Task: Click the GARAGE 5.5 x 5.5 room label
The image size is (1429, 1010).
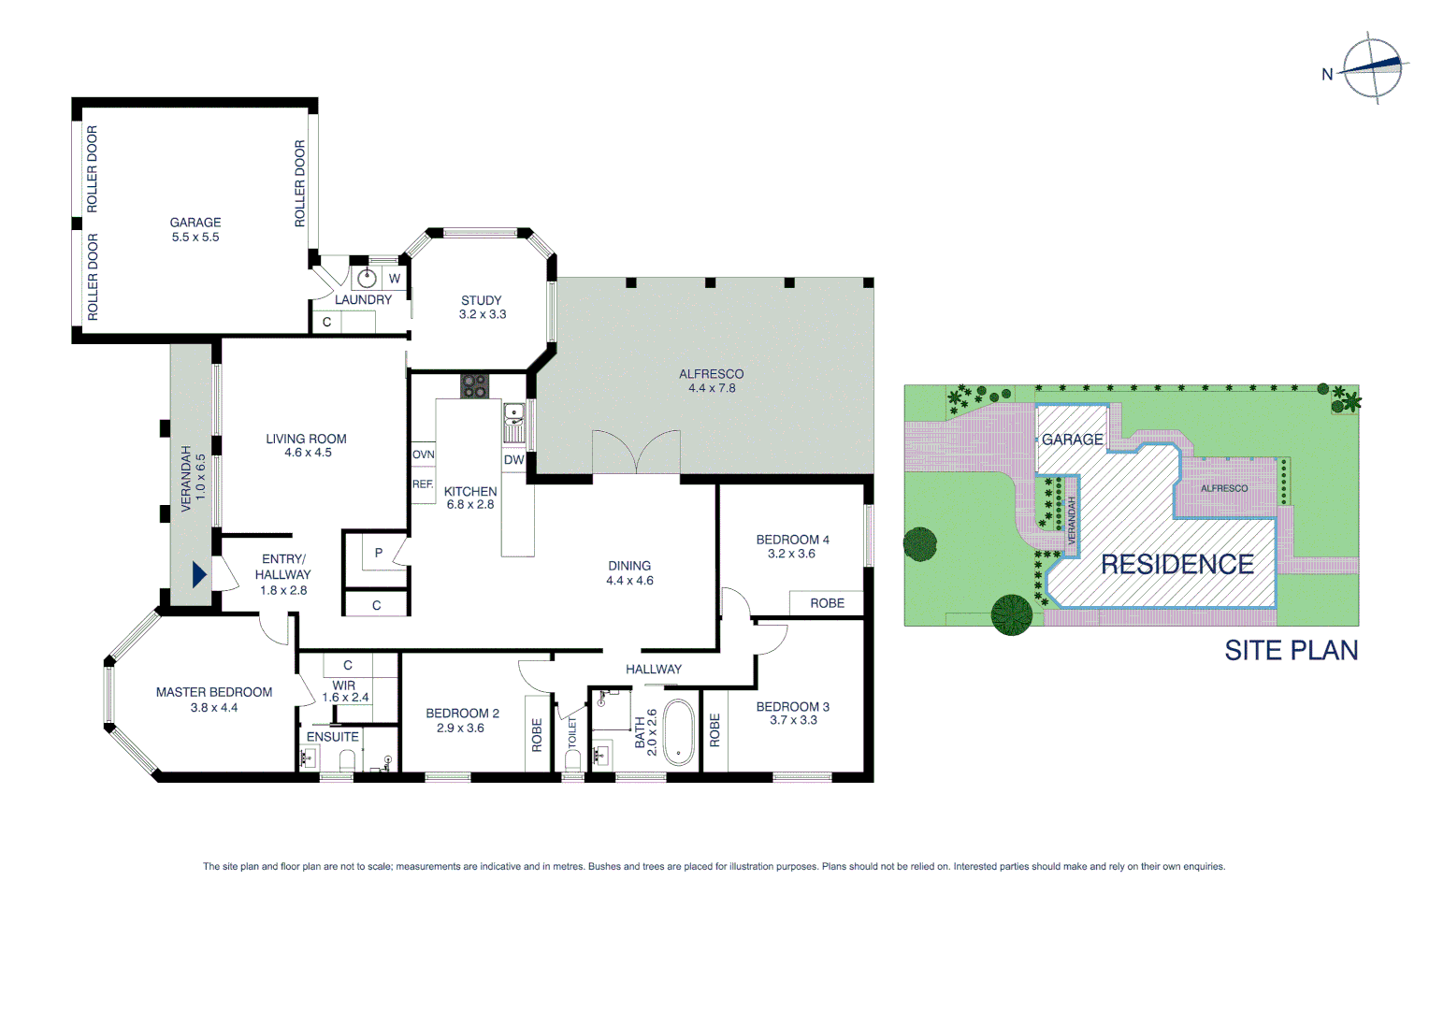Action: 195,230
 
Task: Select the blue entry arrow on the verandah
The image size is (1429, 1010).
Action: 198,574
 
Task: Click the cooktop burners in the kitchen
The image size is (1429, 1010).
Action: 474,385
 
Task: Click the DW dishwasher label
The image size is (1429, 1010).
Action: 513,460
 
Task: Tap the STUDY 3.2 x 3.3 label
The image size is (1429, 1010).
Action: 482,308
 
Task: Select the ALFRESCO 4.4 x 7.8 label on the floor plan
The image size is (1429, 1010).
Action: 711,381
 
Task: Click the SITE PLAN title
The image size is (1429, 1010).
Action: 1291,650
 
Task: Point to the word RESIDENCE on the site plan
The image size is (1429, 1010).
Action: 1176,565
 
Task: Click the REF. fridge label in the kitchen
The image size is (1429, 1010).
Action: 423,484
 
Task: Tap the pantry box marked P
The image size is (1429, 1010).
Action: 378,553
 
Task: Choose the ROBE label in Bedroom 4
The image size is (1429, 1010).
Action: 827,603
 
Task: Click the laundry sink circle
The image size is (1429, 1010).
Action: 367,278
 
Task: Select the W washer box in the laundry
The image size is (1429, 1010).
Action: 395,279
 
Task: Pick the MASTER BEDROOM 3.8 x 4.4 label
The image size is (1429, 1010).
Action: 214,700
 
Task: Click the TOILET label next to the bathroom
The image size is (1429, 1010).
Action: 572,732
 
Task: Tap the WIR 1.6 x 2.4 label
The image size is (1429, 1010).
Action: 345,691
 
